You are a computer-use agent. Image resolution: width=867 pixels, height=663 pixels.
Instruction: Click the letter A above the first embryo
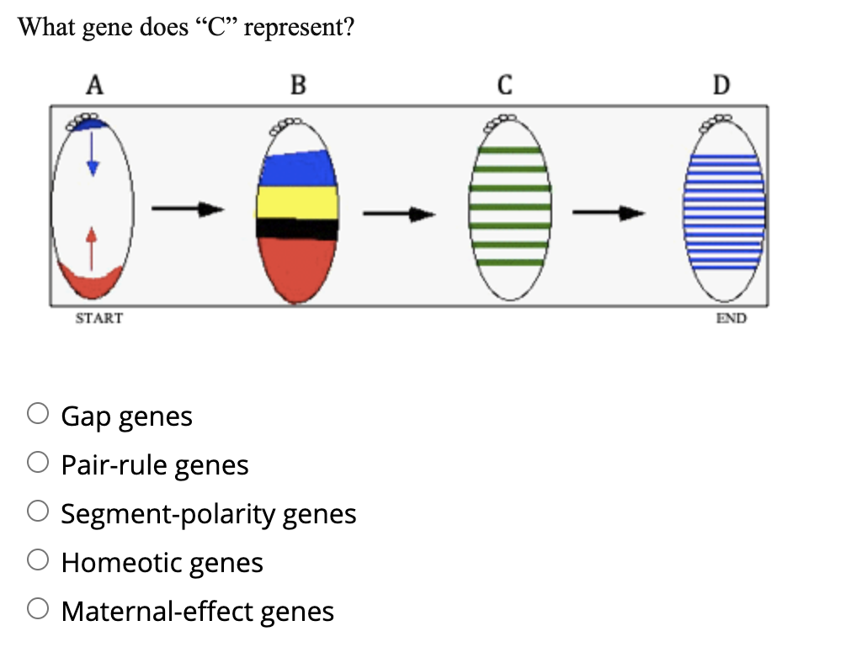(95, 84)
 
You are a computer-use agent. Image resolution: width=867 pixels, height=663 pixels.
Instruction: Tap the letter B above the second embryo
(298, 84)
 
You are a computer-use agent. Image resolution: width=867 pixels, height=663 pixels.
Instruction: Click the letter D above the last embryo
(721, 84)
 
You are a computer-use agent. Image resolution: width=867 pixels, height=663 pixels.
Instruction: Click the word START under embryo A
(98, 319)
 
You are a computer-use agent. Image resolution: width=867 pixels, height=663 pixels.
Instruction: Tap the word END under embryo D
(731, 319)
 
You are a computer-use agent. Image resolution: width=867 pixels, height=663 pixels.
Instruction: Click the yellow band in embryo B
(296, 202)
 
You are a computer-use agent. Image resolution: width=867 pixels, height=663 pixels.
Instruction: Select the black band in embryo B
(296, 228)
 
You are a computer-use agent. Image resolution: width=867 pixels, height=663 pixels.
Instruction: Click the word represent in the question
(291, 27)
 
